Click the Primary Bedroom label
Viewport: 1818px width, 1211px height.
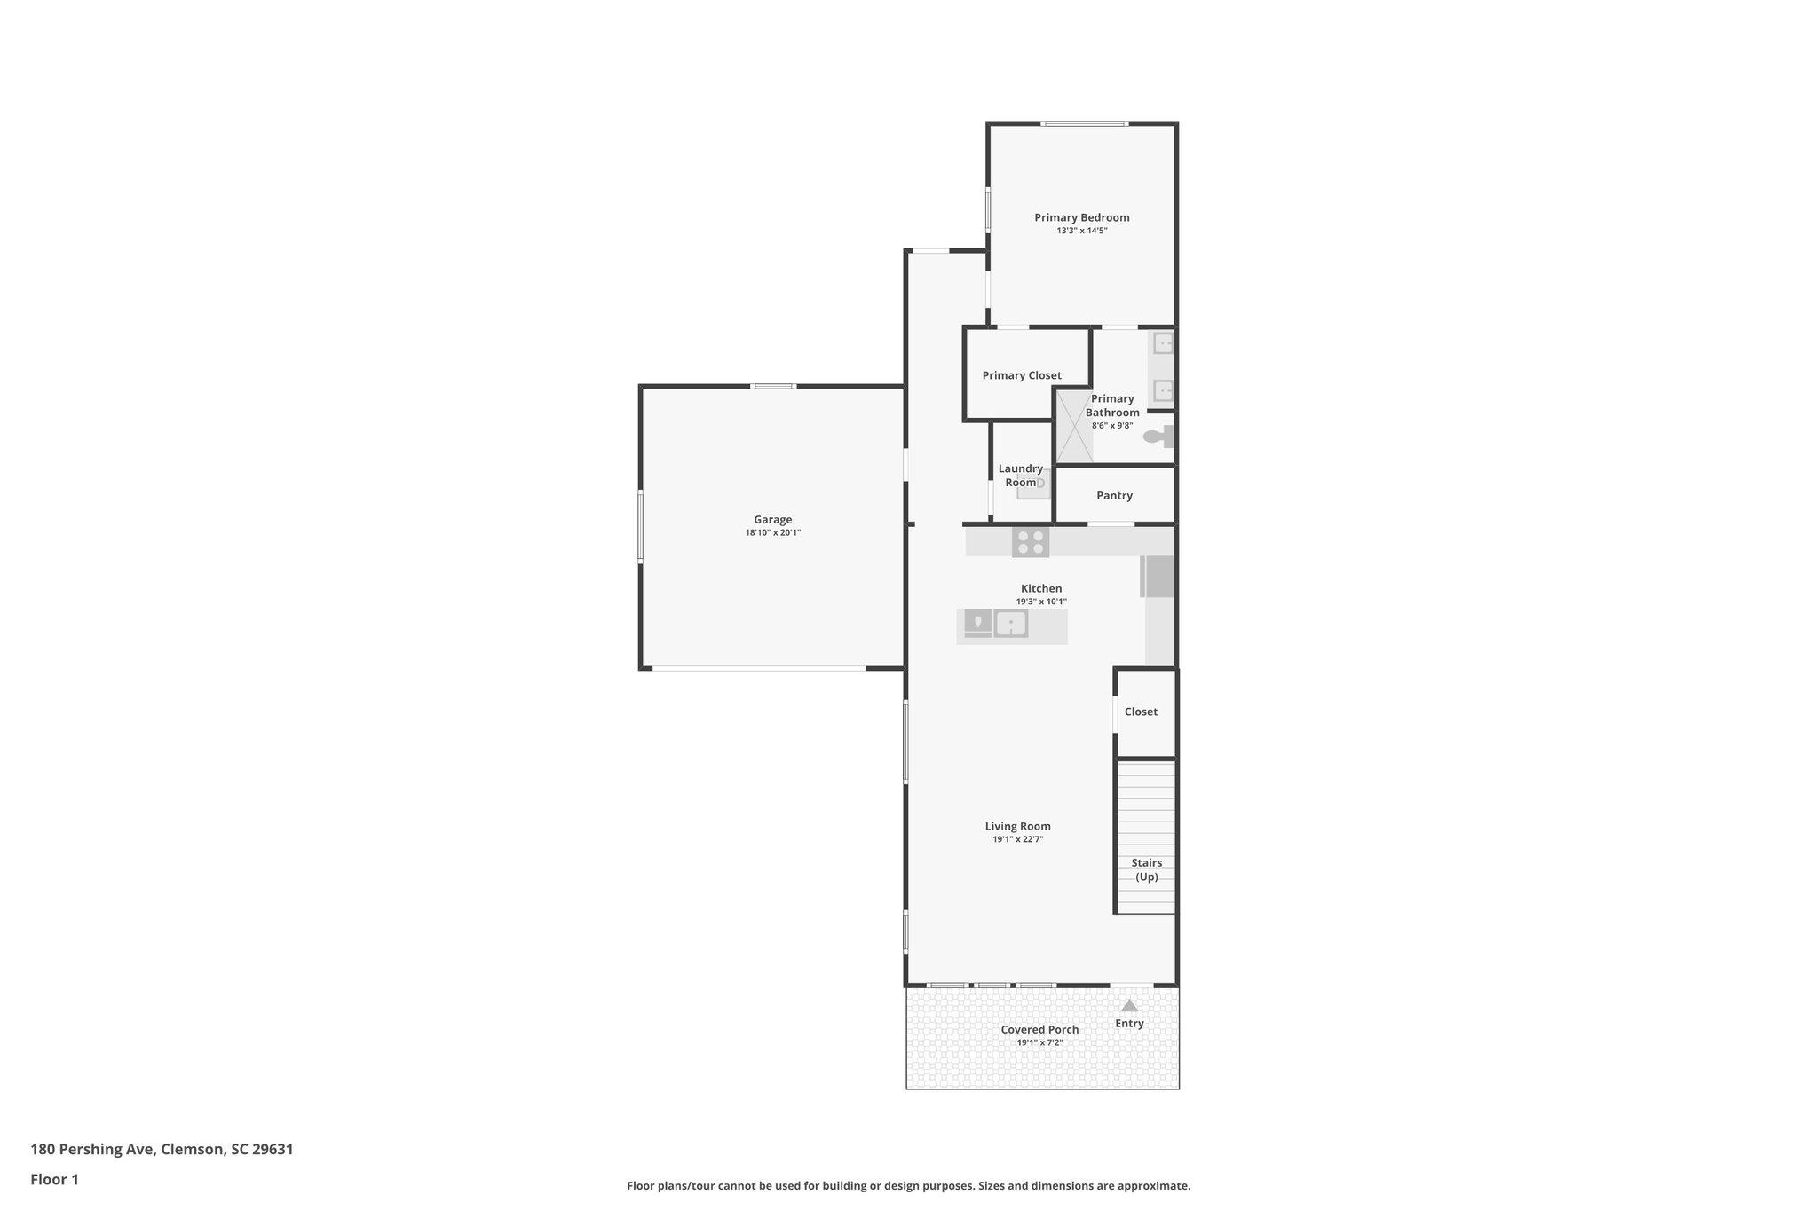click(1081, 217)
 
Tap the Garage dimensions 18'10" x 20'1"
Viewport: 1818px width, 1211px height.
click(772, 533)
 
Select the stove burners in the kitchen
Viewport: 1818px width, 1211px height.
click(1030, 542)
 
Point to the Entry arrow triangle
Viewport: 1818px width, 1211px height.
click(1129, 1006)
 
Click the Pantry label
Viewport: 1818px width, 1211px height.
click(1114, 496)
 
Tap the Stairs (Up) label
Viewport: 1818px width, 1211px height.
click(1146, 869)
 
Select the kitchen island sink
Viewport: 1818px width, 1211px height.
click(1010, 625)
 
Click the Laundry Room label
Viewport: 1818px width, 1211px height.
click(1021, 476)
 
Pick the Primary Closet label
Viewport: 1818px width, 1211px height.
click(1021, 375)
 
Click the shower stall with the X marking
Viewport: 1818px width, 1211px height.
click(1073, 426)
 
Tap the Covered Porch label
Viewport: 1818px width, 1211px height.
click(1039, 1030)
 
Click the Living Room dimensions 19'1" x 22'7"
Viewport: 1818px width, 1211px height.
click(1017, 839)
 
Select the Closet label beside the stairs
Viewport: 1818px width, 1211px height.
click(1141, 712)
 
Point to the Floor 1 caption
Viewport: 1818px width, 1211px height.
click(54, 1180)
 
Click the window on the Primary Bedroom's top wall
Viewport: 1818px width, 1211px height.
click(1085, 123)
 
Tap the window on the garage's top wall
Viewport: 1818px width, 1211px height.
click(772, 386)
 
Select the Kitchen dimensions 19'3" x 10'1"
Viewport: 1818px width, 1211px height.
click(1040, 602)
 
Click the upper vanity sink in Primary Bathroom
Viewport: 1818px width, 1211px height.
click(1162, 343)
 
